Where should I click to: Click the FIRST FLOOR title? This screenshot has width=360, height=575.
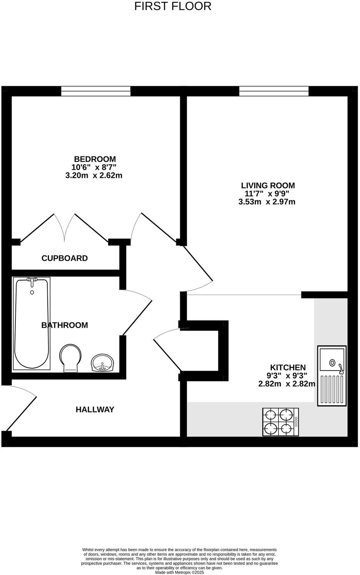tap(173, 7)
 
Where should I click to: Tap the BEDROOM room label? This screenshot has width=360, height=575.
tap(95, 159)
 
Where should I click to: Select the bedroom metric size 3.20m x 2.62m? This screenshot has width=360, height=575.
tap(94, 176)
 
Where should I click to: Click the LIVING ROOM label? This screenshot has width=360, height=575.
tap(268, 185)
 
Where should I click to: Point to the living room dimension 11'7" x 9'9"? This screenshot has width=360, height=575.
tap(267, 194)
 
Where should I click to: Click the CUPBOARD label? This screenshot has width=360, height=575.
tap(65, 258)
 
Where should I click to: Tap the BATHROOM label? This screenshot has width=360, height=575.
tap(65, 325)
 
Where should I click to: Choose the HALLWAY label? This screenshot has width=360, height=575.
tap(95, 410)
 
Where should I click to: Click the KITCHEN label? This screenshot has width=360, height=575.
tap(288, 368)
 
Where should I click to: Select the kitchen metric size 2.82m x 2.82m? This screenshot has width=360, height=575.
tap(287, 384)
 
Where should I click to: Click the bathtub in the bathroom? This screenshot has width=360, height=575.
tap(32, 323)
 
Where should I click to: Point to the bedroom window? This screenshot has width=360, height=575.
tap(96, 91)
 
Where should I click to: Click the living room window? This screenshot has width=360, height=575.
tap(274, 91)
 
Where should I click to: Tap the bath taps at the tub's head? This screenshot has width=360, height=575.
tap(32, 281)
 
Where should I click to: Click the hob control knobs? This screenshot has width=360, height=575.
tap(296, 421)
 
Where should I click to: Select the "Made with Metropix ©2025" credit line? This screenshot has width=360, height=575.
tap(179, 572)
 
